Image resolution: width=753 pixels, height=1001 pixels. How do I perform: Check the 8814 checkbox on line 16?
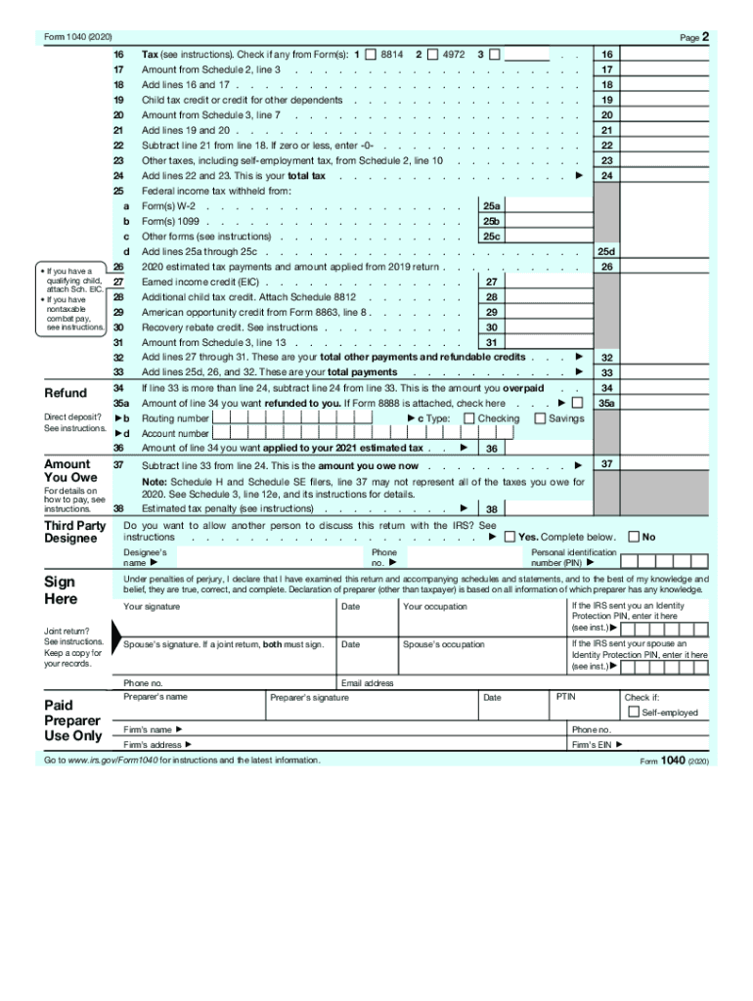(371, 54)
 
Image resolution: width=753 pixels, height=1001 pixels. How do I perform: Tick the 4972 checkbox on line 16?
(433, 54)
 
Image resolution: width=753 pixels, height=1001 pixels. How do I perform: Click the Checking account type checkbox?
(469, 418)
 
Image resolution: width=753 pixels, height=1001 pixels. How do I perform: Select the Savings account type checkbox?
(540, 418)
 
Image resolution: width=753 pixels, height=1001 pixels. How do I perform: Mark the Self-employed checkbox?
(633, 712)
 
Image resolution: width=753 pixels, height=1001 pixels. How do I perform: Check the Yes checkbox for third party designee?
(509, 537)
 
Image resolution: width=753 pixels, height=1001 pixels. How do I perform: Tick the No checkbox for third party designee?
(634, 537)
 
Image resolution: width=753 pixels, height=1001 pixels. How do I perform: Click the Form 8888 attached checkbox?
(577, 403)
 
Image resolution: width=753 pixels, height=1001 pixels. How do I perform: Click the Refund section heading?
(66, 393)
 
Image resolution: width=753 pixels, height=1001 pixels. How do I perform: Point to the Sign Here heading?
(61, 589)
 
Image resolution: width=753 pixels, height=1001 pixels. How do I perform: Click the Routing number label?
(175, 418)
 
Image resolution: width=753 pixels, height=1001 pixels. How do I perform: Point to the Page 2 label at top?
(692, 37)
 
